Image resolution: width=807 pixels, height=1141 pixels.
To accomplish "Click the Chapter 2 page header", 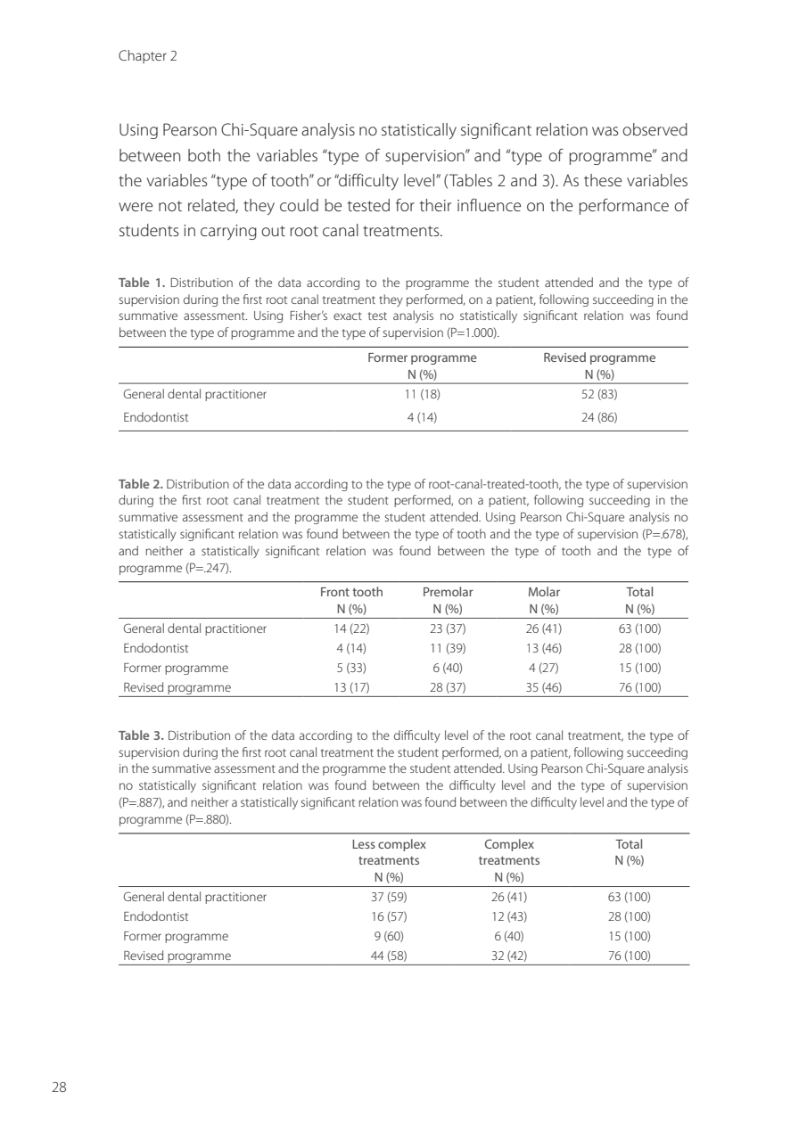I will click(147, 56).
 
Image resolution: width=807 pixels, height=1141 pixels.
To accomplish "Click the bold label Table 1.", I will click(141, 283).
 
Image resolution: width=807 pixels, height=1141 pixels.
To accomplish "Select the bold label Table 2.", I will click(141, 484).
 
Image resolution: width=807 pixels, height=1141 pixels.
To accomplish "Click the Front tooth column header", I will click(351, 592).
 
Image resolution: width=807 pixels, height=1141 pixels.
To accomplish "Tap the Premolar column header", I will click(447, 592).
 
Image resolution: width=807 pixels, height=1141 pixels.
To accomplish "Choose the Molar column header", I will click(544, 592).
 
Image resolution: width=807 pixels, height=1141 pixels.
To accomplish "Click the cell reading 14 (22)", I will click(351, 628).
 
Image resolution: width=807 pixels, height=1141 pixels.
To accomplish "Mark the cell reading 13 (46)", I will click(544, 648).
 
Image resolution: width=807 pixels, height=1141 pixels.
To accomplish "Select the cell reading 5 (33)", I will click(351, 668).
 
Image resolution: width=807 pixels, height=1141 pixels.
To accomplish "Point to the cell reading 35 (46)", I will click(544, 687).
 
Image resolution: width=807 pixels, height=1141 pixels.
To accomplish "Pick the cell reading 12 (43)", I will click(509, 916).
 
